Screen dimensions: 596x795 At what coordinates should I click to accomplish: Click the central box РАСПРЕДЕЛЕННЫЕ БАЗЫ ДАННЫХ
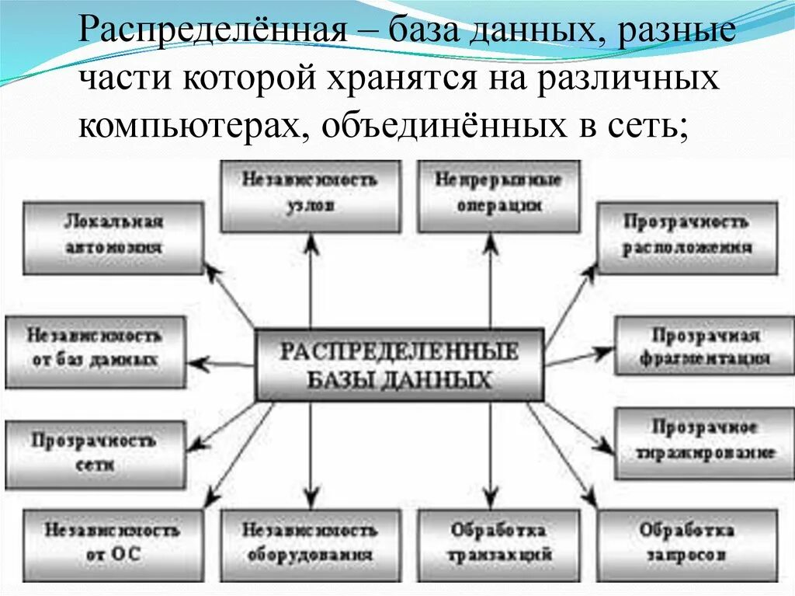point(398,364)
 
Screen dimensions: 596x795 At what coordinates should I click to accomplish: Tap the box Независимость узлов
point(310,195)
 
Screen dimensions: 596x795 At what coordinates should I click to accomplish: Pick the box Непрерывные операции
point(497,195)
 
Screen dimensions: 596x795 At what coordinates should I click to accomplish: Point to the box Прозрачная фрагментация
point(705,347)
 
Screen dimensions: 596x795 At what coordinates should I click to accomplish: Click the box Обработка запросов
point(687,543)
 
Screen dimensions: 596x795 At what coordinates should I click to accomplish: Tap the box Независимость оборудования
point(310,543)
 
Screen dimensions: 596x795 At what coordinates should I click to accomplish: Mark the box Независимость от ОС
point(112,543)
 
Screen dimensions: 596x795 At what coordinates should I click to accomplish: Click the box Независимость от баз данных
point(95,349)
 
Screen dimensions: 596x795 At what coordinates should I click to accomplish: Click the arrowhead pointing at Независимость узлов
point(311,242)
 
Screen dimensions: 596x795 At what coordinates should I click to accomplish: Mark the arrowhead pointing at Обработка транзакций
point(491,500)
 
